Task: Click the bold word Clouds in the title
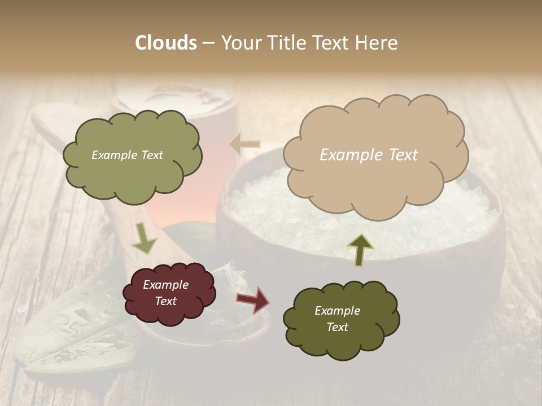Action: (x=165, y=43)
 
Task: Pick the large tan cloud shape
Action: (x=375, y=180)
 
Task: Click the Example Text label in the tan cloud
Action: (x=369, y=155)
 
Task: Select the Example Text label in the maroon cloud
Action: (x=166, y=293)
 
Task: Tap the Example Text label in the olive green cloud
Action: (x=127, y=155)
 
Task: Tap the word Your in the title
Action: (x=239, y=43)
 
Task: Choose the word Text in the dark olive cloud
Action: (x=337, y=327)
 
